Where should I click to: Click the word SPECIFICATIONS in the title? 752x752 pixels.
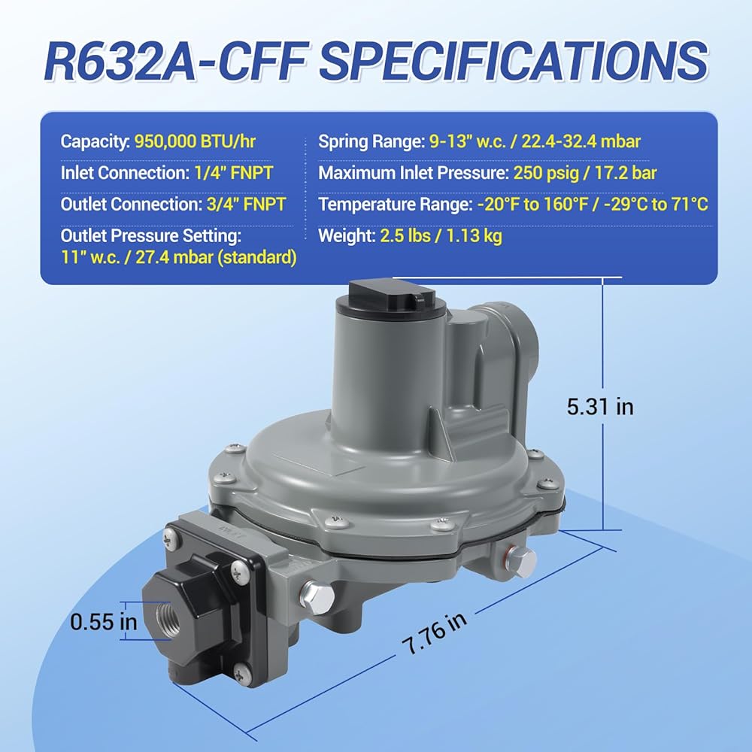pyautogui.click(x=513, y=60)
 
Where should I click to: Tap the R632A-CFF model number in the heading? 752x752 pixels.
pyautogui.click(x=175, y=60)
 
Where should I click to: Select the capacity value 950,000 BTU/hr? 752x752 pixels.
pyautogui.click(x=195, y=141)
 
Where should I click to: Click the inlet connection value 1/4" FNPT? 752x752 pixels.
pyautogui.click(x=234, y=173)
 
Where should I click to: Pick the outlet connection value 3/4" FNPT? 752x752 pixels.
pyautogui.click(x=246, y=204)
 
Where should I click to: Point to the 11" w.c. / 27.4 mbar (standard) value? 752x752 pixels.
pyautogui.click(x=178, y=257)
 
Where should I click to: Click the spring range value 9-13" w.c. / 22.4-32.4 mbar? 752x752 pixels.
pyautogui.click(x=535, y=141)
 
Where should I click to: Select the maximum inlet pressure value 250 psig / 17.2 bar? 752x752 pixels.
pyautogui.click(x=584, y=173)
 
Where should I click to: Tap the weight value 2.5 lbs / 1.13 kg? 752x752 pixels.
pyautogui.click(x=441, y=235)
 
